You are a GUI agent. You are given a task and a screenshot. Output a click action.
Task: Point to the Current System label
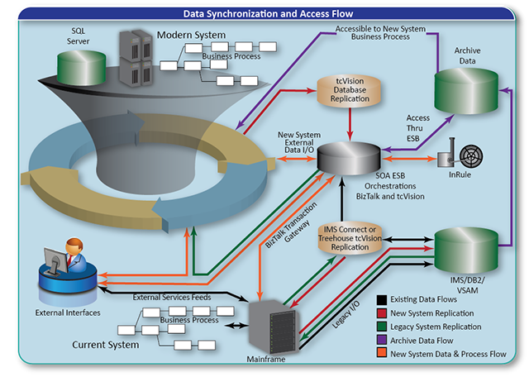coord(106,344)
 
